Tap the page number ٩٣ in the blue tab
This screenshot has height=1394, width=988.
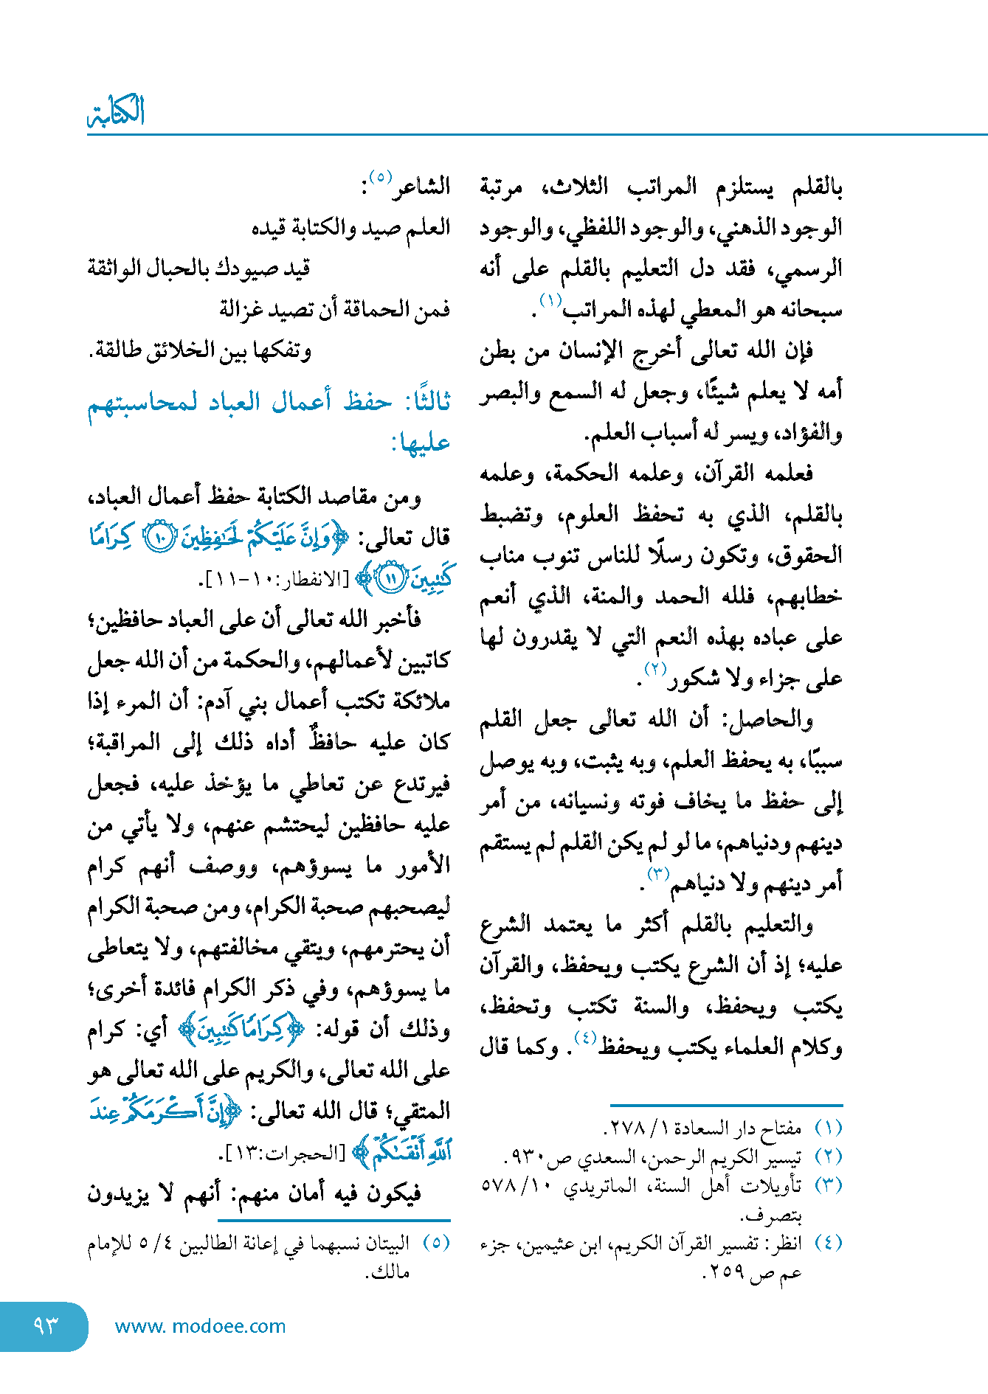45,1325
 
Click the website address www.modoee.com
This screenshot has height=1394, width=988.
200,1326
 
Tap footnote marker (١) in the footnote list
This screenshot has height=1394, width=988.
828,1128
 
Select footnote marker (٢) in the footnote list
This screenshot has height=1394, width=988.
828,1157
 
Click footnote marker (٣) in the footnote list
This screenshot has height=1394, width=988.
828,1185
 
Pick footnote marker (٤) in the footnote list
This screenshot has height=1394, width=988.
828,1243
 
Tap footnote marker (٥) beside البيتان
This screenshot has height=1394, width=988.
436,1243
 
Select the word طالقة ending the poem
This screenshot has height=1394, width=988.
117,350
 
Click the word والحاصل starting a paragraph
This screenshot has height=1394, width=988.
780,719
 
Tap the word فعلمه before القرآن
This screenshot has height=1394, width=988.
785,473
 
